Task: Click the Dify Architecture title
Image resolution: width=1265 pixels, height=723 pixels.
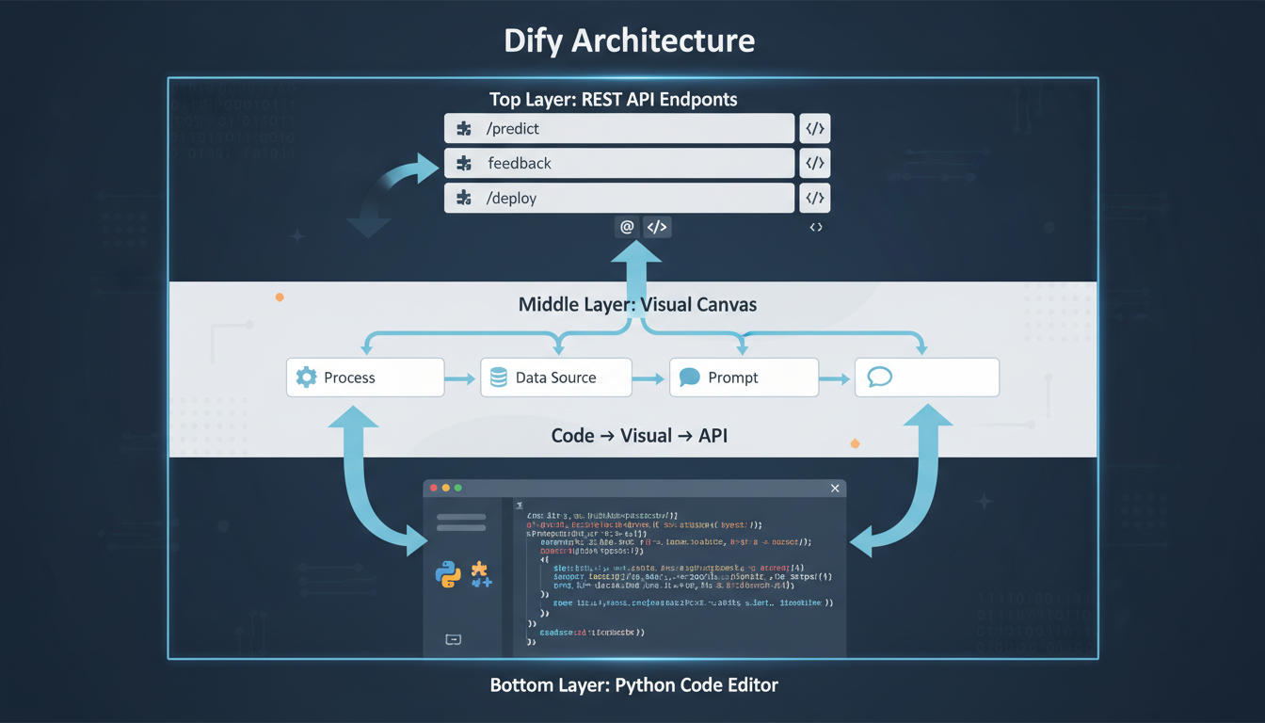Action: click(x=629, y=40)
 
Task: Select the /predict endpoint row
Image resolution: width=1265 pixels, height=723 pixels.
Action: click(x=619, y=129)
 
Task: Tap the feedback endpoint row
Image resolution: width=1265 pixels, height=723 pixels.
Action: click(x=619, y=164)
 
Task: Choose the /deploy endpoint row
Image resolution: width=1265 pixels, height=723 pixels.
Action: click(x=619, y=199)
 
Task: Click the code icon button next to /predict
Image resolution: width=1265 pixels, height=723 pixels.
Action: click(x=815, y=129)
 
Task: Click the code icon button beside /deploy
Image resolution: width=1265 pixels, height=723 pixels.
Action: click(x=815, y=199)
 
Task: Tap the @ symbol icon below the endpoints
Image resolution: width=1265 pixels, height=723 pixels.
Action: click(x=627, y=227)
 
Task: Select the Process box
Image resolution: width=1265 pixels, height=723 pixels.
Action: click(x=365, y=378)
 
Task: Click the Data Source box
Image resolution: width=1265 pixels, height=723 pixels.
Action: click(x=555, y=378)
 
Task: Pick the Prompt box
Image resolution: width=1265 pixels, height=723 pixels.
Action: click(x=744, y=378)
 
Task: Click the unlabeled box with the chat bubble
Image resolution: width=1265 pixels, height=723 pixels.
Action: click(x=927, y=378)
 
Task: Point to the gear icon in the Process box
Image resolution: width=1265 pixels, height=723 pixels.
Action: click(x=306, y=378)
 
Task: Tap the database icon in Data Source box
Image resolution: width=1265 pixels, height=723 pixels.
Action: click(x=498, y=378)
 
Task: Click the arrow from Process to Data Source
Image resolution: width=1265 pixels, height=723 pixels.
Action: click(x=460, y=378)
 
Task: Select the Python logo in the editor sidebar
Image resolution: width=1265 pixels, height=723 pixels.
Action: click(x=448, y=573)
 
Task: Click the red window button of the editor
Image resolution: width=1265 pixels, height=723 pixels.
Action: click(x=434, y=489)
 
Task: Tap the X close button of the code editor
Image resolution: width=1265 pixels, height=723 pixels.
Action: click(x=834, y=489)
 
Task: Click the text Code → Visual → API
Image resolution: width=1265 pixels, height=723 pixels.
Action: click(x=638, y=436)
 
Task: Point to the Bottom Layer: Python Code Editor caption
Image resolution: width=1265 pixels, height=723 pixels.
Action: click(x=633, y=685)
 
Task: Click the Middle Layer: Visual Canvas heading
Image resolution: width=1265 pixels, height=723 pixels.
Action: click(x=637, y=305)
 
